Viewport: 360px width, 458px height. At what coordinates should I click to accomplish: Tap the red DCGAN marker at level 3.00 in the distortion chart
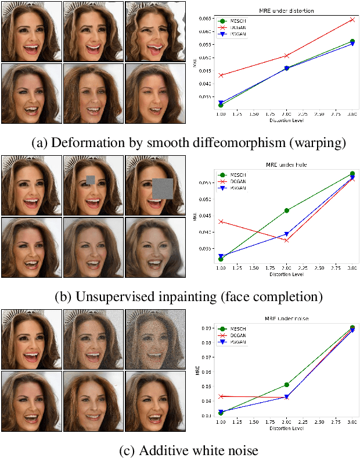[352, 19]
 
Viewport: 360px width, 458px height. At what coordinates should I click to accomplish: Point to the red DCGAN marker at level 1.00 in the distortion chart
[221, 75]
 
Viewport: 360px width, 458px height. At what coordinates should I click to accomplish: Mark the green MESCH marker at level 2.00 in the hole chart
[286, 210]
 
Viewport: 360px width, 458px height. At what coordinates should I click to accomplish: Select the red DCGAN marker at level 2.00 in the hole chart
[286, 240]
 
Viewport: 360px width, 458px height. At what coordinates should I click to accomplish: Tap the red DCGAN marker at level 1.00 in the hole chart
[221, 221]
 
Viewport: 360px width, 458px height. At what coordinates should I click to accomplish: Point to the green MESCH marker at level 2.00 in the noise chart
[286, 385]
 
